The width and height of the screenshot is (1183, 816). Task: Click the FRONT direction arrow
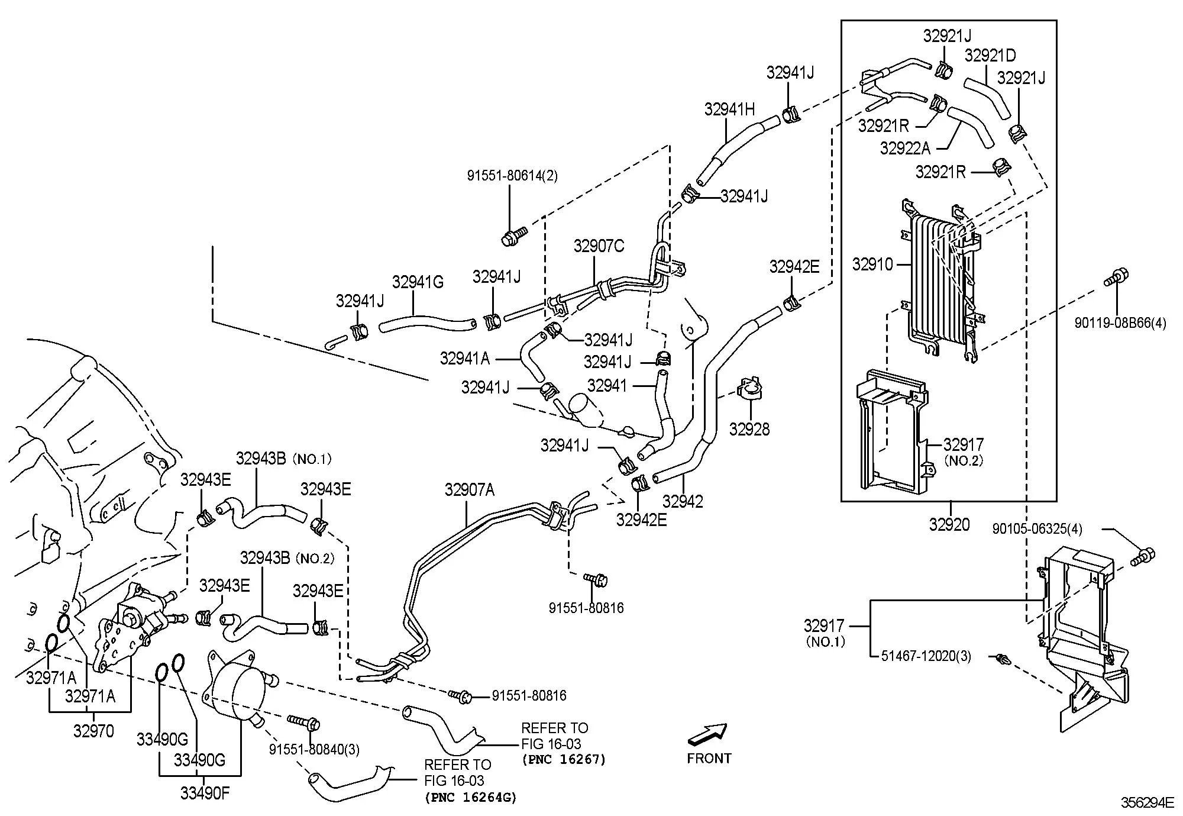707,734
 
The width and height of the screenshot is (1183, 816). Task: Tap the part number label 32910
872,264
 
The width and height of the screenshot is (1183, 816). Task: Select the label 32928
749,429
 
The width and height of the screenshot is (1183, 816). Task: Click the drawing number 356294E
1148,802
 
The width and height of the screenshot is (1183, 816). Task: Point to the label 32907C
599,246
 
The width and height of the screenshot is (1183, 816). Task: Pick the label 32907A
470,489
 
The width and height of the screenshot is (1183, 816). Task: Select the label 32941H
730,109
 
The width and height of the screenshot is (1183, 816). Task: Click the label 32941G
418,282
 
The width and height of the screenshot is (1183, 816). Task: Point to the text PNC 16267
564,760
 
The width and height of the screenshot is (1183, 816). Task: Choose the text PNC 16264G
470,797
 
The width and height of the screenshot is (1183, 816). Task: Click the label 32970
93,731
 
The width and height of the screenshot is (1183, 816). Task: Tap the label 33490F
205,793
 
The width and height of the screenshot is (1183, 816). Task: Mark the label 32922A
905,148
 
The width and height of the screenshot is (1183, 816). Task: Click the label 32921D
990,55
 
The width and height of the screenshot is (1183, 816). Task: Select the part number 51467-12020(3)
926,656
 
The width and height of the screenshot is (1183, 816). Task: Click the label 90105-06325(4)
1037,528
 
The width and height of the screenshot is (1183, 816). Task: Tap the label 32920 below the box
949,524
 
